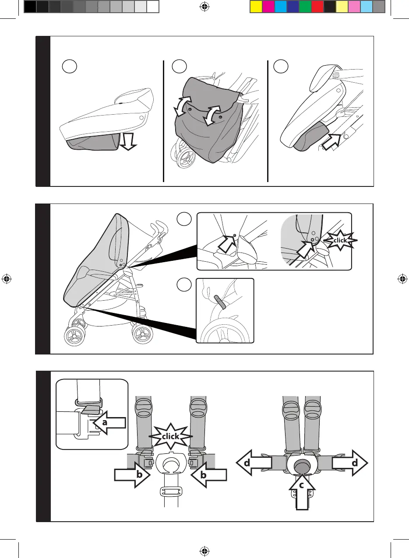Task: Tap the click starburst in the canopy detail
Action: [340, 240]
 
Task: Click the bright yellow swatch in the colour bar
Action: [256, 7]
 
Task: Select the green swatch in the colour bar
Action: [305, 7]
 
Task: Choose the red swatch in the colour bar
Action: [317, 7]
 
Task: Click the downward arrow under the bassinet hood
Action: [128, 141]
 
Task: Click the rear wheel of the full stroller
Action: [142, 335]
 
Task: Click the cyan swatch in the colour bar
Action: [280, 7]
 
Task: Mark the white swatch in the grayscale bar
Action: [152, 7]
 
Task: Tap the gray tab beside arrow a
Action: [91, 409]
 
